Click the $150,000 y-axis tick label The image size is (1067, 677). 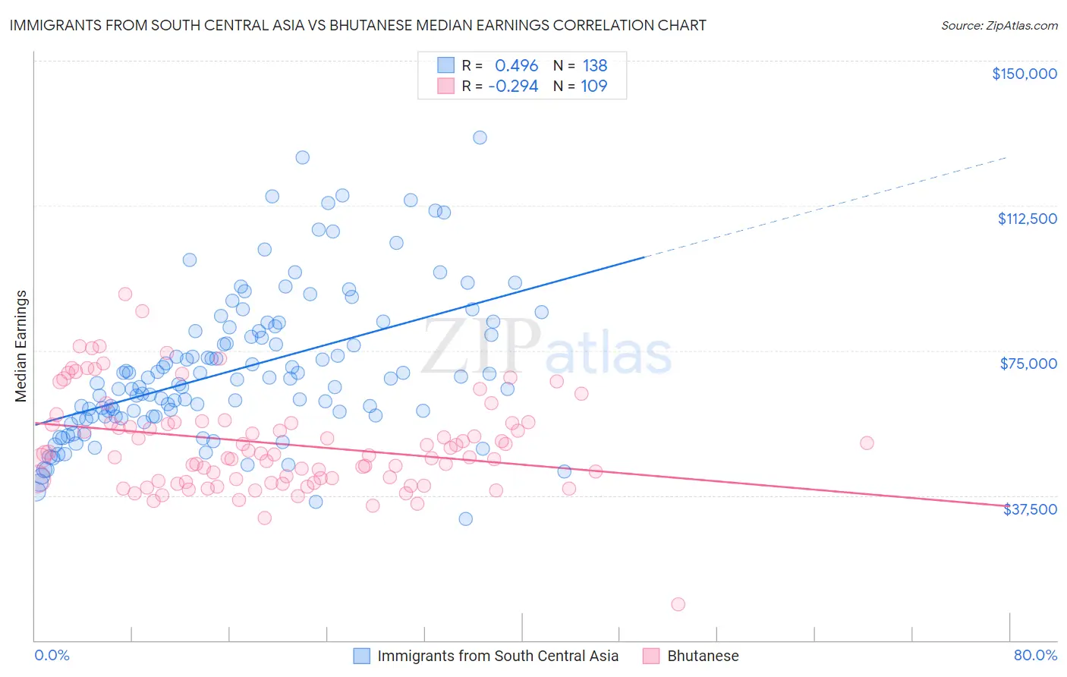pyautogui.click(x=1024, y=74)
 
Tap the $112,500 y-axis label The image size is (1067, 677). pyautogui.click(x=1027, y=219)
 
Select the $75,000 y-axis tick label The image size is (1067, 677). pyautogui.click(x=1028, y=364)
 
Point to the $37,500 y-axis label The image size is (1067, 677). pyautogui.click(x=1030, y=509)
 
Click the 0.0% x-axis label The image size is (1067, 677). pyautogui.click(x=52, y=655)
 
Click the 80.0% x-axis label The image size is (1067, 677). pyautogui.click(x=1035, y=655)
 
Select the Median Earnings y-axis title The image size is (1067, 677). pyautogui.click(x=20, y=345)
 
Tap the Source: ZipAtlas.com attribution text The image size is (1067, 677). pyautogui.click(x=999, y=25)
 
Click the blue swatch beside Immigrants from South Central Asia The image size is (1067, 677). pyautogui.click(x=362, y=656)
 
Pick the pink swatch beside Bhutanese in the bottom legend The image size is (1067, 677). pyautogui.click(x=651, y=656)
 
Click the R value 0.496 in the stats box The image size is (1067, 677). pyautogui.click(x=516, y=65)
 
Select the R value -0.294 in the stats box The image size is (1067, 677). pyautogui.click(x=513, y=86)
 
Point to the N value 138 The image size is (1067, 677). pyautogui.click(x=595, y=65)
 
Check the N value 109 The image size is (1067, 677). pyautogui.click(x=593, y=86)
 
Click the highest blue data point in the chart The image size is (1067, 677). pyautogui.click(x=480, y=137)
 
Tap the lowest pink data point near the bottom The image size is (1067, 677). pyautogui.click(x=678, y=604)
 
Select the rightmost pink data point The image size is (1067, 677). pyautogui.click(x=867, y=442)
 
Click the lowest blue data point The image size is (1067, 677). pyautogui.click(x=465, y=518)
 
